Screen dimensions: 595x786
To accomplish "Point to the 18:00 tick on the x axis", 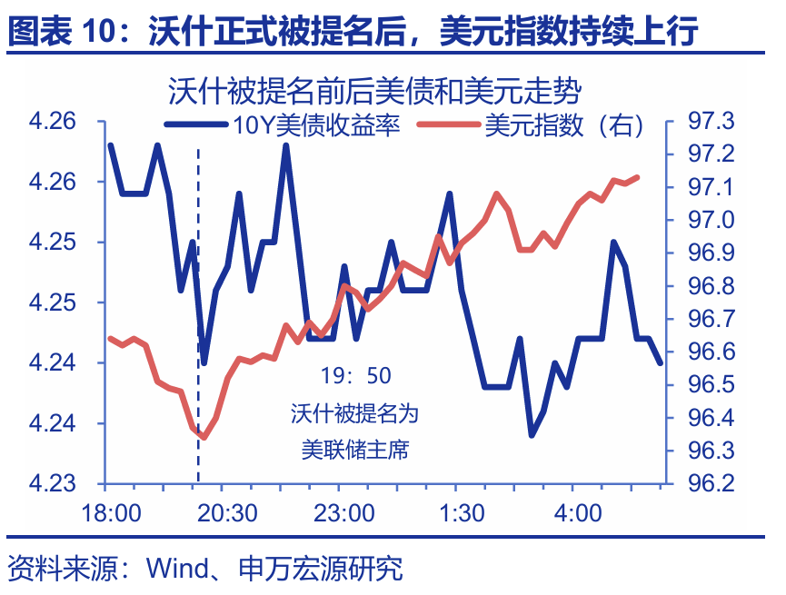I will click(x=111, y=513).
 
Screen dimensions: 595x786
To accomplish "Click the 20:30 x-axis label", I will click(x=227, y=513).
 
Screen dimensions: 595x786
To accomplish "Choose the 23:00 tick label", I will click(x=344, y=513).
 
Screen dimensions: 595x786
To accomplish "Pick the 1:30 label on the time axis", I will click(x=461, y=513).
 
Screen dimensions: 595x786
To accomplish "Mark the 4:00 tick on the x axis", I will click(x=578, y=513).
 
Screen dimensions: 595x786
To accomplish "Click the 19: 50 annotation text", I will click(x=355, y=375).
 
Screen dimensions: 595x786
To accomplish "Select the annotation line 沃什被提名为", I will click(x=355, y=413).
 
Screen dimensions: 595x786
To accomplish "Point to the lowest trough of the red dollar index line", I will click(x=204, y=437).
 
